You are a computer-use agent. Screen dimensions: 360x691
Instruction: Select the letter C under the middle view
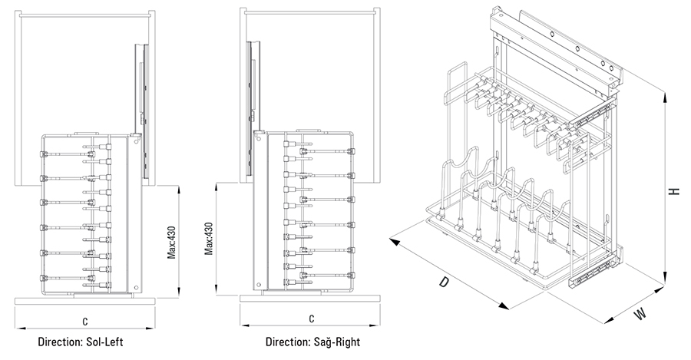(311, 319)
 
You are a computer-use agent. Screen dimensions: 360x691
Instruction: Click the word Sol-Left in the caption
(103, 341)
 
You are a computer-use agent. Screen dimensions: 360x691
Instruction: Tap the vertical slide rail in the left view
(140, 84)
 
